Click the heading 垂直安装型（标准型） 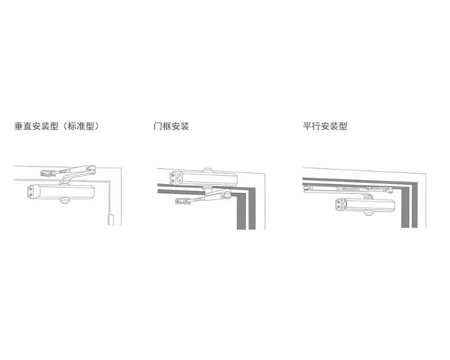tap(57, 126)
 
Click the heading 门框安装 tap(171, 126)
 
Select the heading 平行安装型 tap(325, 126)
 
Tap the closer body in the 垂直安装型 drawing tap(61, 191)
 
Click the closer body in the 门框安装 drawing tap(204, 178)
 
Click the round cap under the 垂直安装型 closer tap(64, 200)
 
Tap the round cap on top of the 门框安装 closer tap(208, 170)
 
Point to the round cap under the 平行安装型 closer tap(368, 213)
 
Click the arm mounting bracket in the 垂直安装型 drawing tap(47, 173)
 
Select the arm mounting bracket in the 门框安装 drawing tap(183, 201)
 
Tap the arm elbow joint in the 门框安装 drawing tap(227, 196)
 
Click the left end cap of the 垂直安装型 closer tap(30, 192)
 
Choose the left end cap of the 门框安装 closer tap(173, 178)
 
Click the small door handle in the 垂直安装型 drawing tap(111, 219)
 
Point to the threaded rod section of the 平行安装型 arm tap(350, 190)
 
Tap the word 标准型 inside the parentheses tap(81, 126)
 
